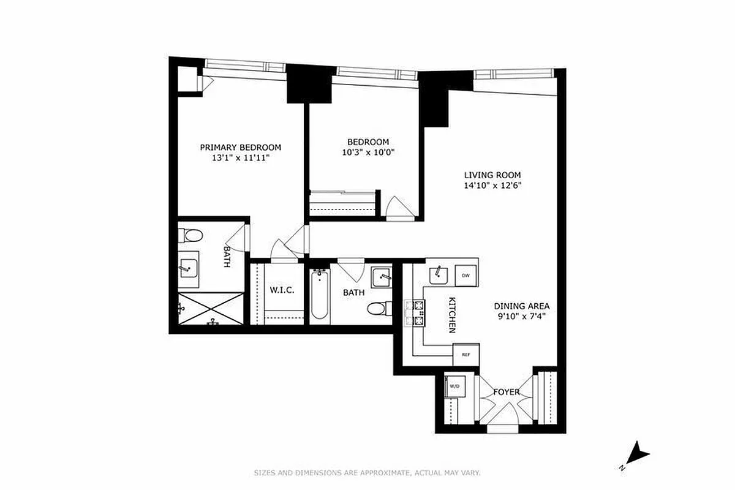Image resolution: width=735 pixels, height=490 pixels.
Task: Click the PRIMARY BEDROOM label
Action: click(x=241, y=147)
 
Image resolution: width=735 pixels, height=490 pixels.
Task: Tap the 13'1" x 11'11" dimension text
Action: click(x=241, y=158)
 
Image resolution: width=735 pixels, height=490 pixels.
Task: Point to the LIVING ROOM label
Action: click(x=492, y=174)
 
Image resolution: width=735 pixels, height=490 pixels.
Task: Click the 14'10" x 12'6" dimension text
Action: click(x=492, y=184)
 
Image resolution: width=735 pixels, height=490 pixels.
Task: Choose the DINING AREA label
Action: click(x=522, y=306)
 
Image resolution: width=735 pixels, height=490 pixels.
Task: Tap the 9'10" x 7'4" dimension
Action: click(x=522, y=317)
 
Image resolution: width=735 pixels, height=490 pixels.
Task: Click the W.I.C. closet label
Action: click(x=282, y=290)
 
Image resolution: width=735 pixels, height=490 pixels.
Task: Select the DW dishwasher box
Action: click(x=466, y=276)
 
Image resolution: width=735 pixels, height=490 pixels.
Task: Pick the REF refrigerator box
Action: click(x=466, y=355)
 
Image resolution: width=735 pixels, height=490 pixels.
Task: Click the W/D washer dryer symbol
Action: click(x=454, y=386)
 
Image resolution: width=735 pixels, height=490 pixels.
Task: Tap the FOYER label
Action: click(x=507, y=392)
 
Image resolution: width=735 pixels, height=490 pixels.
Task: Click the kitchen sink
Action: click(x=439, y=274)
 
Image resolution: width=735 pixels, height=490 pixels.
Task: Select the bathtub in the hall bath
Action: click(x=319, y=296)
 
